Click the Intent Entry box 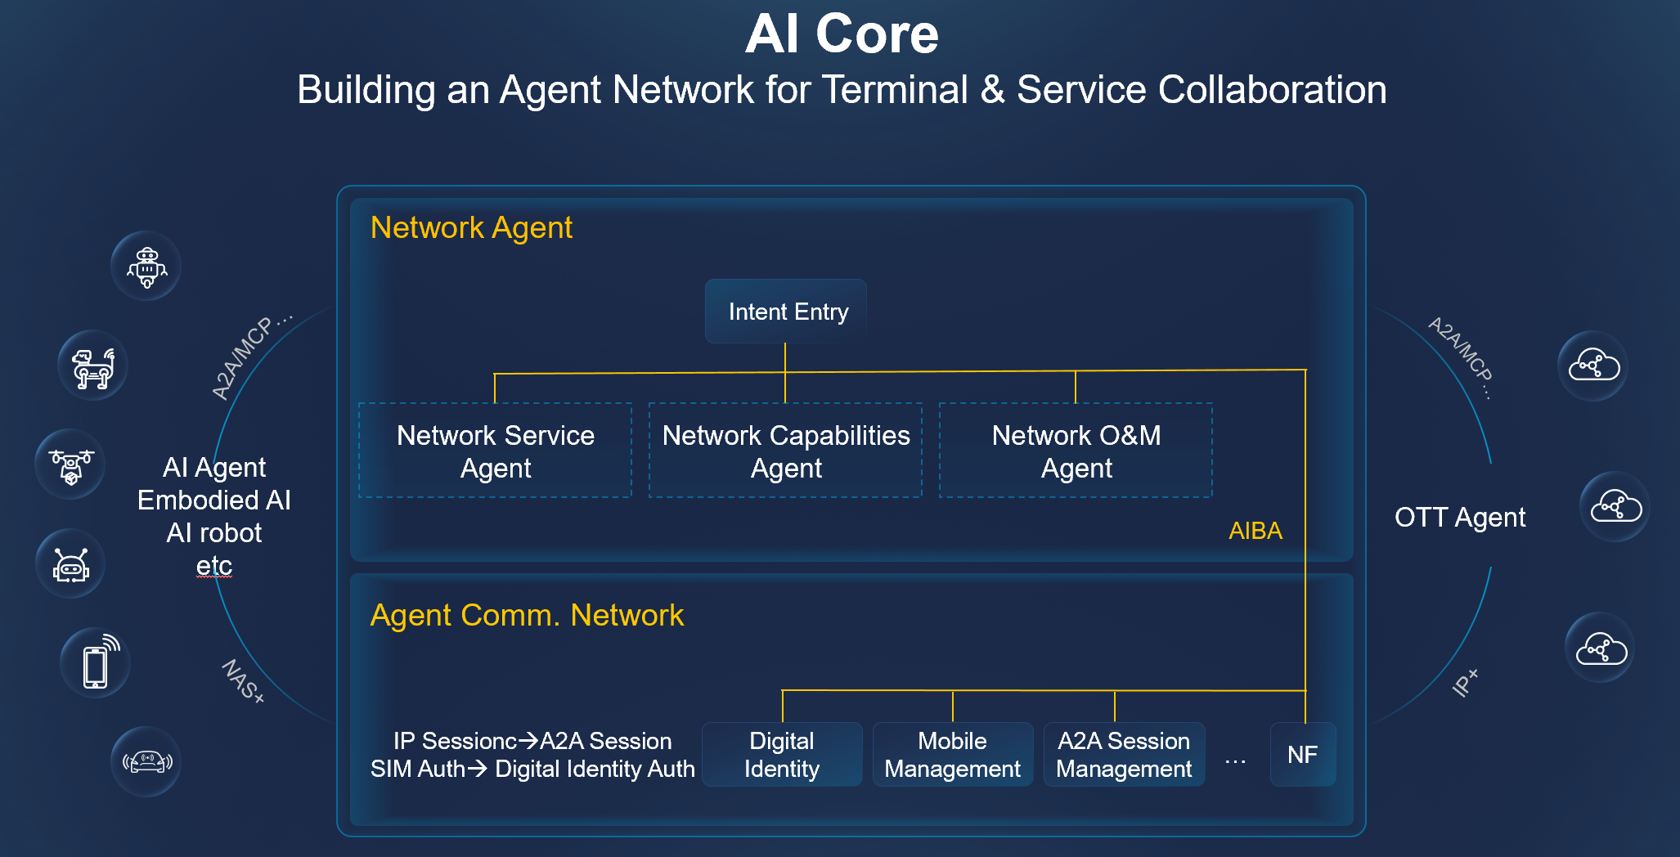click(x=786, y=312)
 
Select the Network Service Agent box click(x=495, y=451)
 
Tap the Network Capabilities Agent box click(x=785, y=451)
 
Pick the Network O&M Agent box click(x=1076, y=451)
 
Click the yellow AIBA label click(x=1255, y=531)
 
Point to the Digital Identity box click(x=781, y=754)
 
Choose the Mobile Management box click(x=952, y=754)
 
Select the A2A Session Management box click(x=1124, y=754)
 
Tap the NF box click(x=1302, y=754)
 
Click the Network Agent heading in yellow click(x=471, y=227)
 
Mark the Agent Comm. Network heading click(x=527, y=615)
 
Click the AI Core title click(x=842, y=34)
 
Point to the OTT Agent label click(x=1459, y=518)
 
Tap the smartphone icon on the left click(x=96, y=663)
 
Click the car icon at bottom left click(x=146, y=762)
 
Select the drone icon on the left click(x=70, y=464)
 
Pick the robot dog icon click(x=93, y=366)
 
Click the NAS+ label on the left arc click(x=243, y=681)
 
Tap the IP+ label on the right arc click(x=1465, y=682)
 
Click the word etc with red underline click(x=214, y=566)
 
